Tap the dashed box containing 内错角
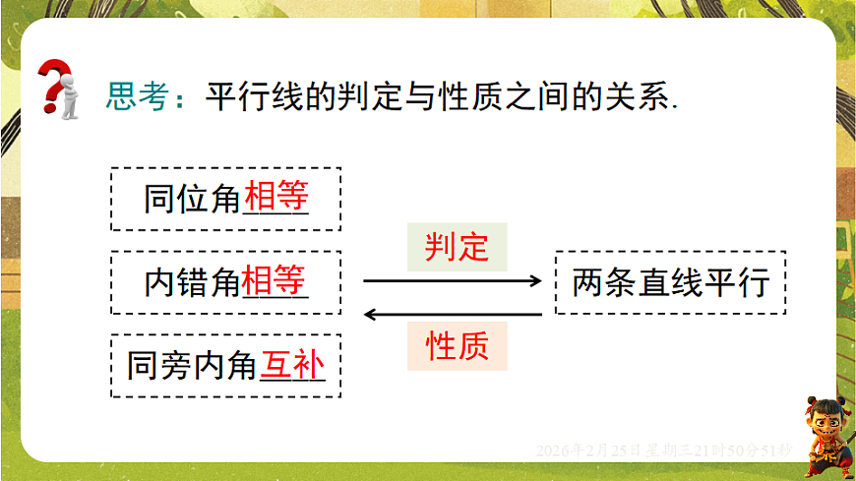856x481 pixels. [225, 283]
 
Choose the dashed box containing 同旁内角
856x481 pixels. [225, 367]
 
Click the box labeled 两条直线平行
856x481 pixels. [671, 283]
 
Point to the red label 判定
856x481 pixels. [457, 246]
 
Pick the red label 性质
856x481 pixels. [457, 346]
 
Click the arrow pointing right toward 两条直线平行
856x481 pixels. [453, 281]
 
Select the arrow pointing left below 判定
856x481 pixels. [453, 315]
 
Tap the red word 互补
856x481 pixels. [292, 367]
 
